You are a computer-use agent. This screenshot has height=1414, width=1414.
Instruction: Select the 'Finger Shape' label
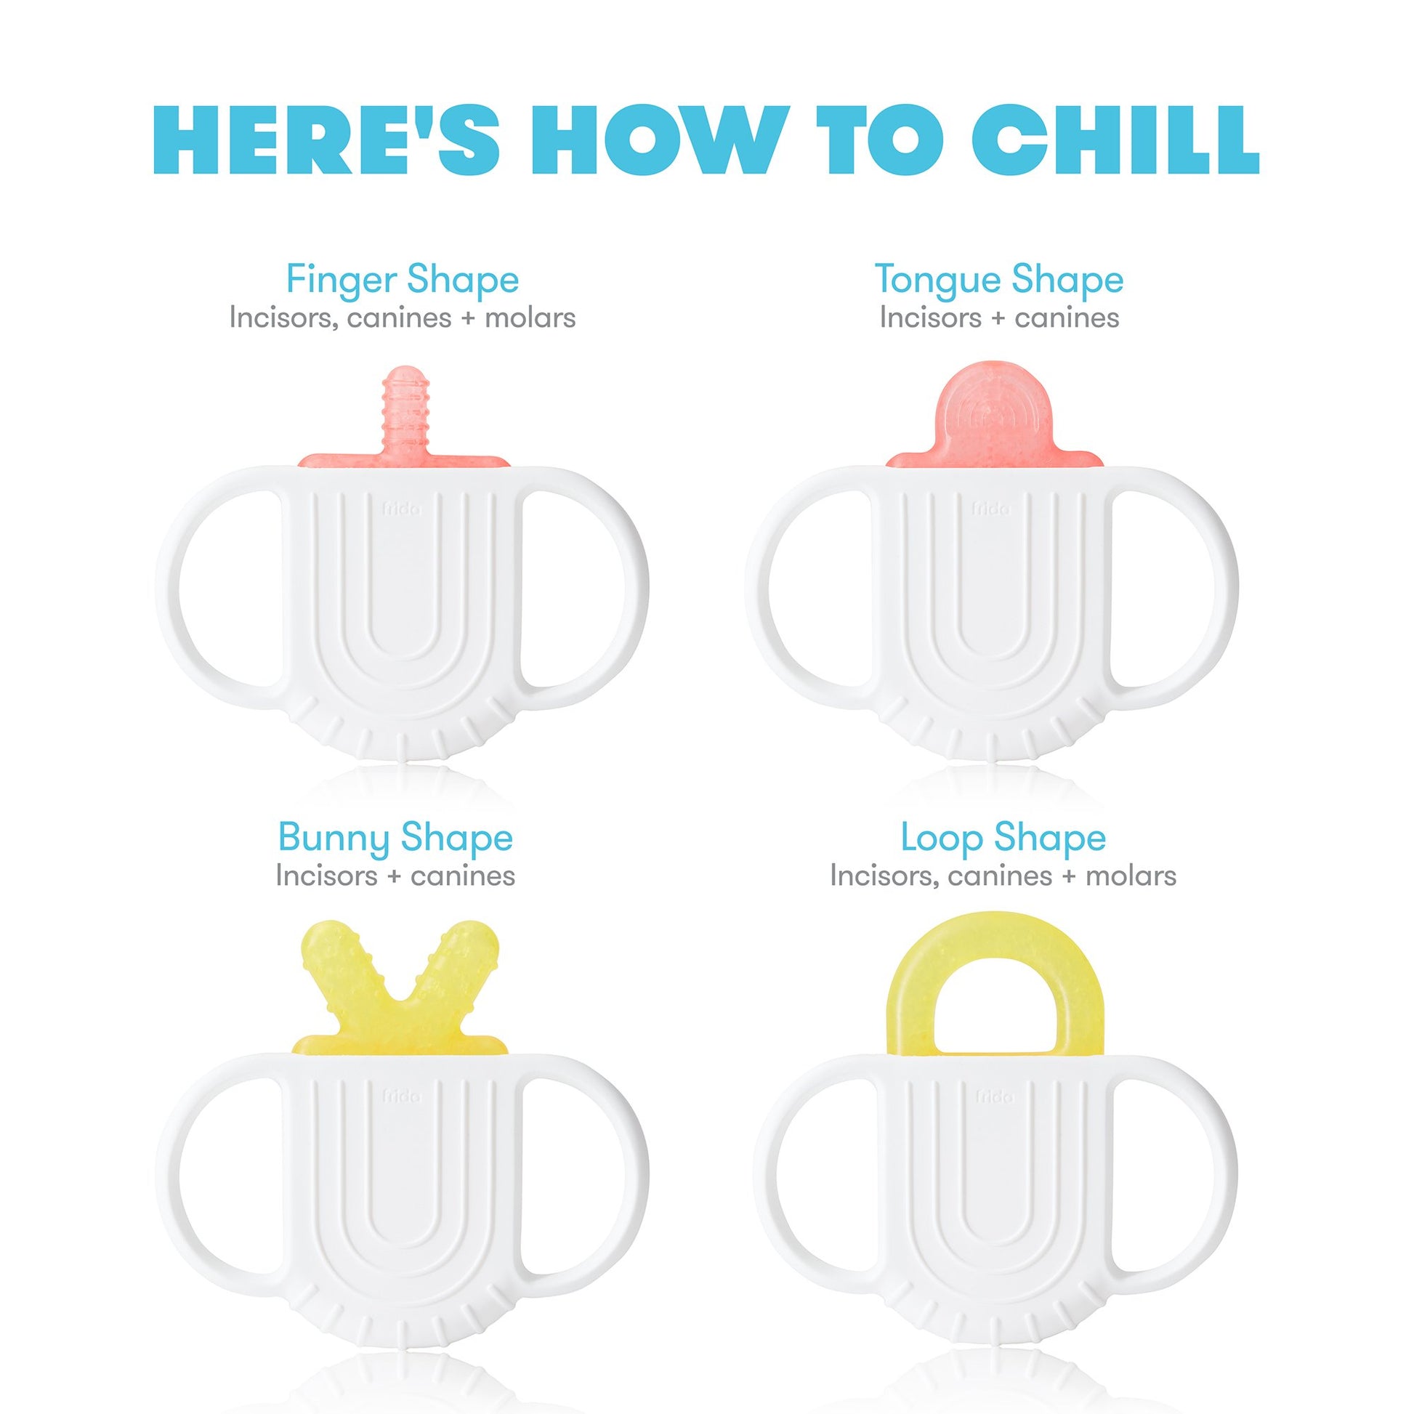[403, 280]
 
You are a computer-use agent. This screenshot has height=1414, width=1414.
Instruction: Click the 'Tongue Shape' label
[999, 280]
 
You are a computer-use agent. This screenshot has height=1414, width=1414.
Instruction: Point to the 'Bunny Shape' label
[395, 838]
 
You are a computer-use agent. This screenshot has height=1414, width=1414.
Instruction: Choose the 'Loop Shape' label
[1003, 838]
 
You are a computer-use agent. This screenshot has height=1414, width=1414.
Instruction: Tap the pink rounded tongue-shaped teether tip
[994, 417]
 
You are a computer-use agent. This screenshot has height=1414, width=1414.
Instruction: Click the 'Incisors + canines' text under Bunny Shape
[395, 876]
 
